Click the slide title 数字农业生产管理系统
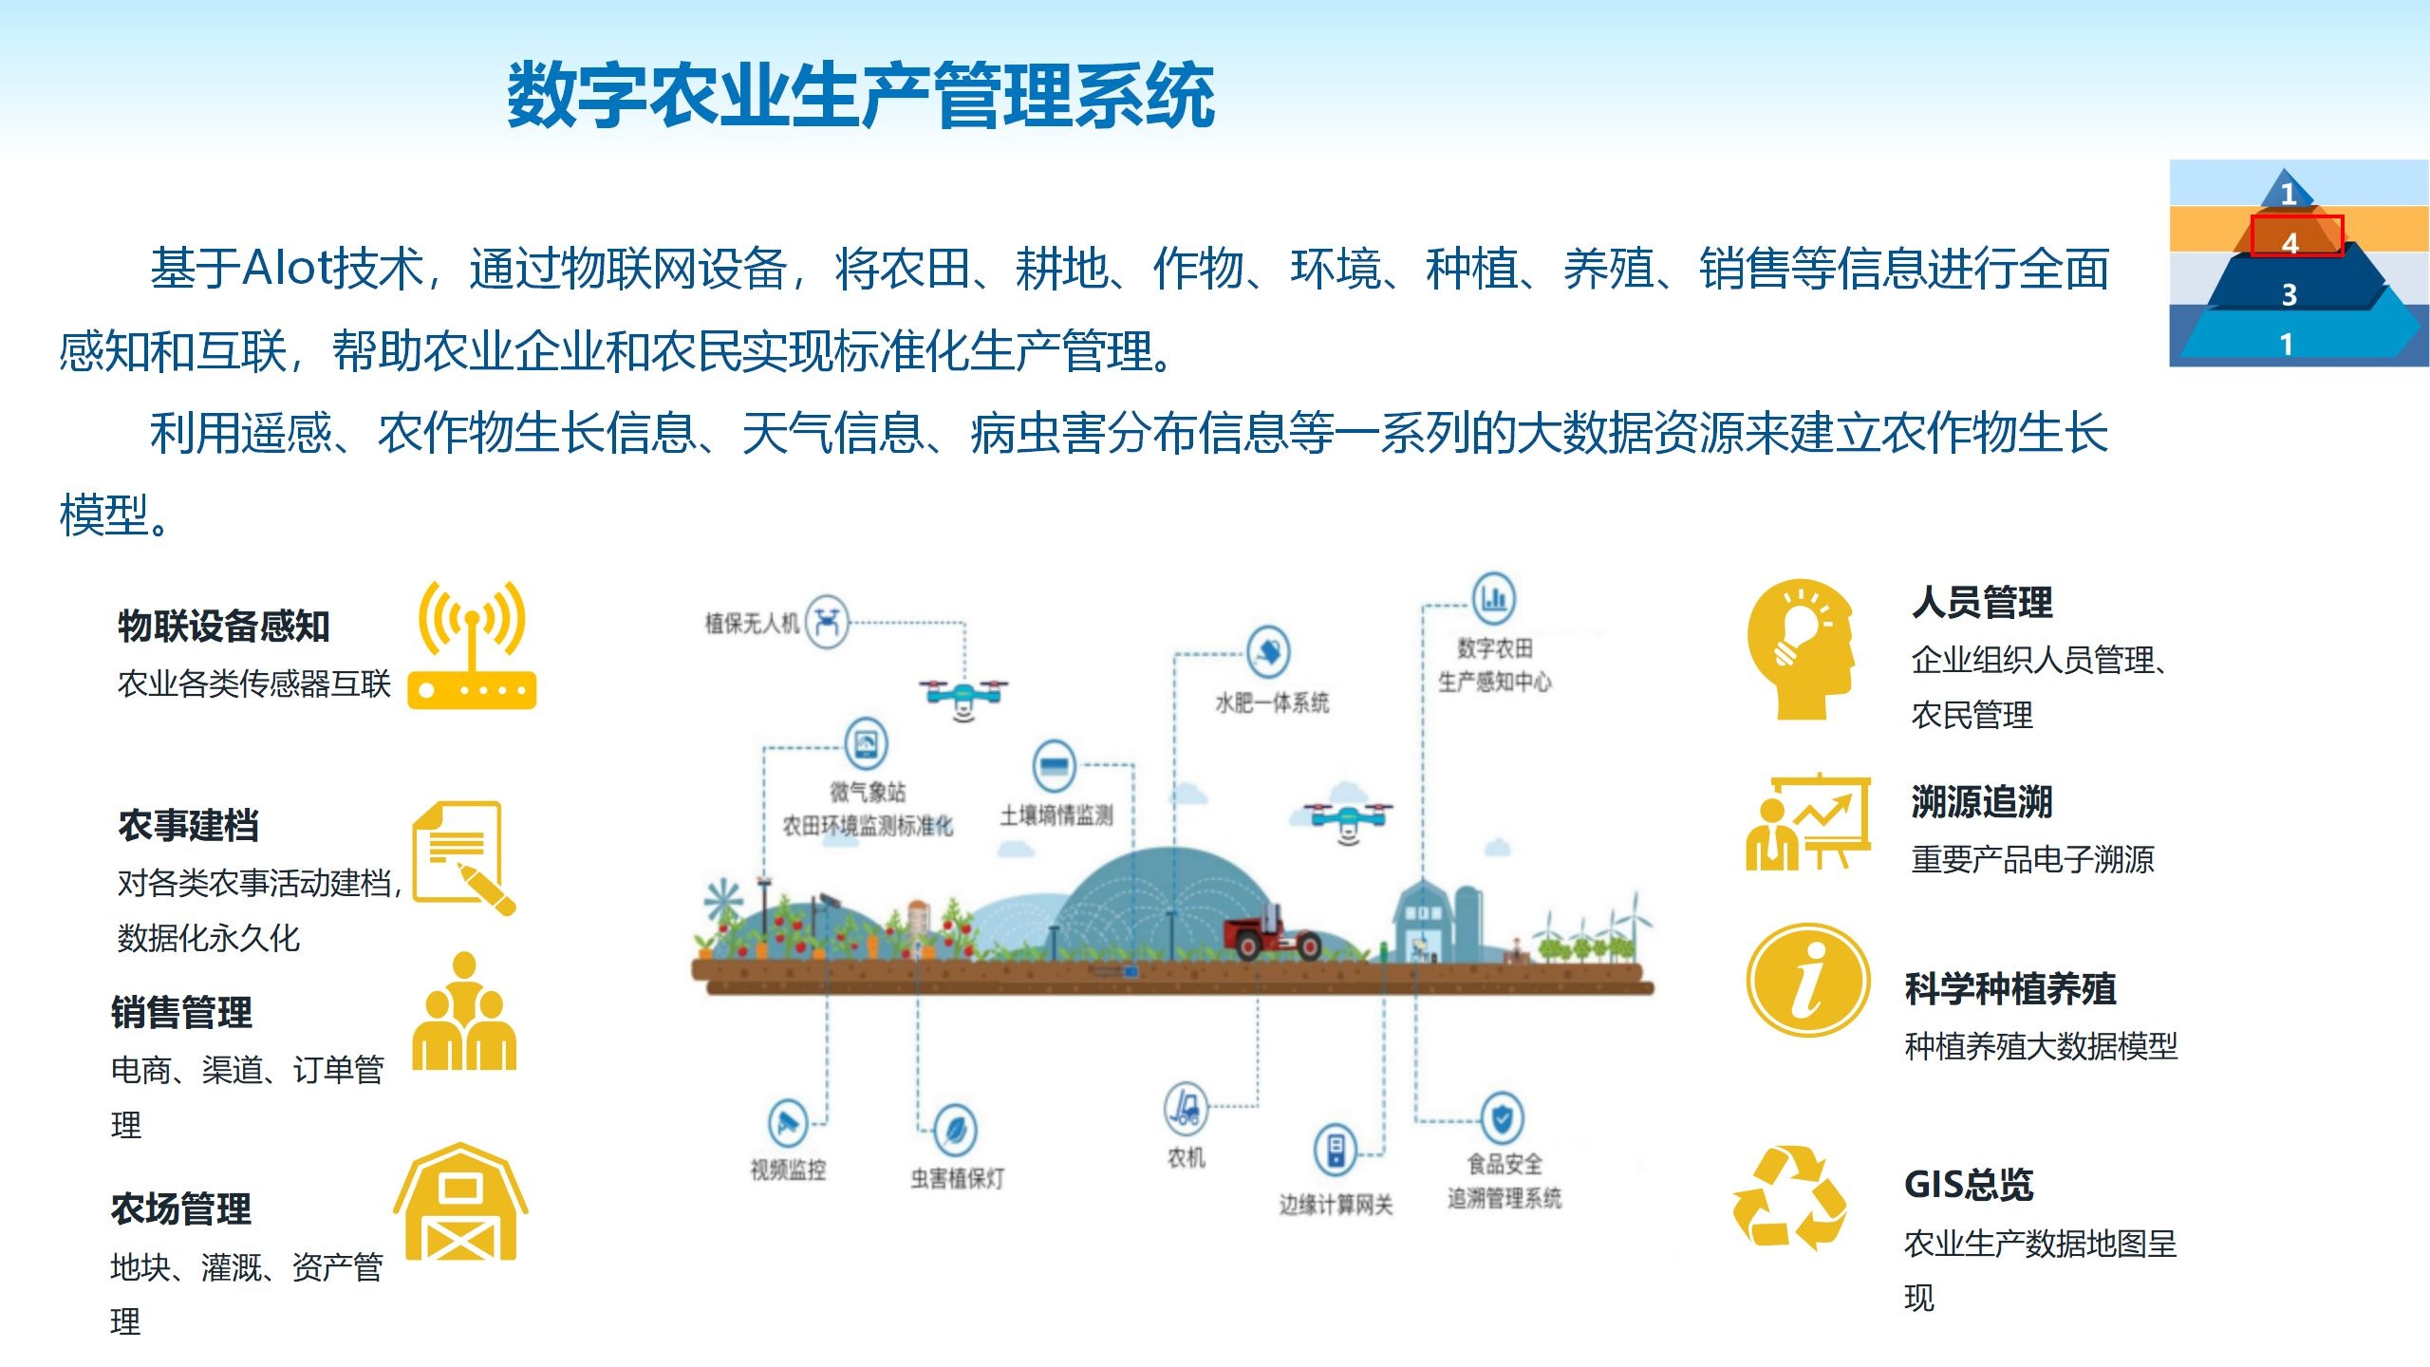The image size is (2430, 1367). pyautogui.click(x=860, y=94)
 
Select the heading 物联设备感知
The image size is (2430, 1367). pyautogui.click(x=224, y=627)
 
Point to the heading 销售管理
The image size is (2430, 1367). pyautogui.click(x=181, y=1012)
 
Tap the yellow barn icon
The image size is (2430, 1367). pyautogui.click(x=461, y=1202)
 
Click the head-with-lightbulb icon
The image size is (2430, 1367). pyautogui.click(x=1801, y=649)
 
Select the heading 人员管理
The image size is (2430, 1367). pyautogui.click(x=1982, y=603)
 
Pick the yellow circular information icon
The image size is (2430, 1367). pyautogui.click(x=1808, y=980)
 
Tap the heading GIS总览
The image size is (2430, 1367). pyautogui.click(x=1969, y=1185)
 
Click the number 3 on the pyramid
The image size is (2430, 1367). pyautogui.click(x=2290, y=295)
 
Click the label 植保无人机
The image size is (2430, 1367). pyautogui.click(x=752, y=623)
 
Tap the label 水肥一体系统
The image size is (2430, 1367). pyautogui.click(x=1272, y=702)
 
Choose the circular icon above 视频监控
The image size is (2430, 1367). pyautogui.click(x=788, y=1123)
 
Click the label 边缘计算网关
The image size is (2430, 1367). pyautogui.click(x=1336, y=1205)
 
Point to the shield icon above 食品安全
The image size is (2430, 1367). pyautogui.click(x=1502, y=1118)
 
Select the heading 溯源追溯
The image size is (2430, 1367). pyautogui.click(x=1982, y=802)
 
